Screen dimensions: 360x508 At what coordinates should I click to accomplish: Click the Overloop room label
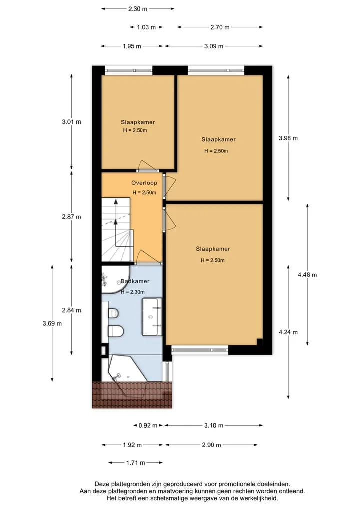pos(144,183)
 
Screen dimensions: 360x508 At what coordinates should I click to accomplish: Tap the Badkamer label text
pos(135,281)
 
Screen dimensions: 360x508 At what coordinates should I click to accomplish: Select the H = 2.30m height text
pos(133,292)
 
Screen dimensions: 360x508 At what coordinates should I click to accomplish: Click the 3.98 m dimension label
pos(288,138)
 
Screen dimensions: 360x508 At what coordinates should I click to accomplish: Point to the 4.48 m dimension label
pos(307,275)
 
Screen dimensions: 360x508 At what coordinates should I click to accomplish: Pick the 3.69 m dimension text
pos(52,323)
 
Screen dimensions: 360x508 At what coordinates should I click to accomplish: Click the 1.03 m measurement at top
pos(146,27)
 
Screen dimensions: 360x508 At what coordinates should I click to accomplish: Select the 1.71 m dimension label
pos(135,463)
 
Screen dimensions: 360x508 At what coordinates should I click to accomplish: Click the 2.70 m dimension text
pos(220,27)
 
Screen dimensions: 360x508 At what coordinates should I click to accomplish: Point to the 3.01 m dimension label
pos(71,122)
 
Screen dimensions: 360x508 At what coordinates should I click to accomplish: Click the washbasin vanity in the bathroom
pos(152,317)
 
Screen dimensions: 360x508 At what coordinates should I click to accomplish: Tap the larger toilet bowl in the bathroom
pos(116,331)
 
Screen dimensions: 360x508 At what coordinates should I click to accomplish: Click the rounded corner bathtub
pos(115,280)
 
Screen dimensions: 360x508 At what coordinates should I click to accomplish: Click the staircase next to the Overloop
pos(117,230)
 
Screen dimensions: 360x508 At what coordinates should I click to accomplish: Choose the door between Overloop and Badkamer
pos(148,258)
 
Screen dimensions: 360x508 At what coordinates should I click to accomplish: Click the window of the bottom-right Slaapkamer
pos(200,350)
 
